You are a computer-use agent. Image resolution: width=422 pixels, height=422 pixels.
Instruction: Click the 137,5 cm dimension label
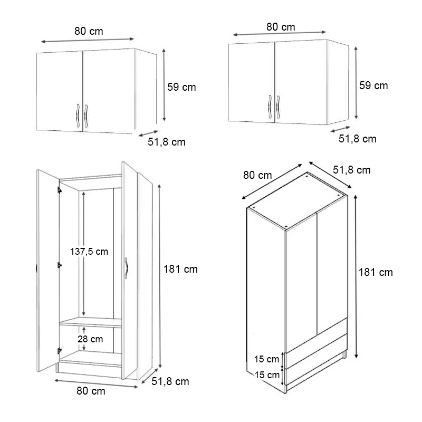coord(89,252)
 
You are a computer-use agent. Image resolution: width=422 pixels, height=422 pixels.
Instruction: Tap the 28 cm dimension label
coord(90,339)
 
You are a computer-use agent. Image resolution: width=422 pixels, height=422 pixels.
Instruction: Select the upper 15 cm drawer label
coord(266,359)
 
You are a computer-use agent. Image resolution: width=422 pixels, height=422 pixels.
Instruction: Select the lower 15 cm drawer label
coord(267,375)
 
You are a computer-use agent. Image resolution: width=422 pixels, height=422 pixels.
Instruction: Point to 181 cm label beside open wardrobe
coord(180,269)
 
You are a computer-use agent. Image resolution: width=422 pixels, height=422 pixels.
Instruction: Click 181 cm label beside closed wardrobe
coord(376,272)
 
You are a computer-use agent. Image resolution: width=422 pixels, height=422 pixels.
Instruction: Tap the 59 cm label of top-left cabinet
coord(181,87)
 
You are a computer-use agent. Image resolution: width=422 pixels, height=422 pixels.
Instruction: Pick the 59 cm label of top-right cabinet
coord(373,85)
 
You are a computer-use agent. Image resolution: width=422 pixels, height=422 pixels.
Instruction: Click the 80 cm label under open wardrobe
coord(91,391)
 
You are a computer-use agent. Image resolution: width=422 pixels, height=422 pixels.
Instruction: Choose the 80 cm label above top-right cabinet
coord(281,27)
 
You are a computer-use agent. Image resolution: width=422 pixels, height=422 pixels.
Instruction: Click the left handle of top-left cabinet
coord(78,116)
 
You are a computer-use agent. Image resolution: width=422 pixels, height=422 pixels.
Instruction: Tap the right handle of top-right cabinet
coord(278,107)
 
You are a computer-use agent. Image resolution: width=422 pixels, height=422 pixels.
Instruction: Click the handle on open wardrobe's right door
coord(126,268)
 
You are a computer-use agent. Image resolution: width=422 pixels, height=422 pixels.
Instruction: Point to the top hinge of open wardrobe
coord(60,190)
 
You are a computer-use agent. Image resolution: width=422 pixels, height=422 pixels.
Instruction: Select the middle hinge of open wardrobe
coord(60,265)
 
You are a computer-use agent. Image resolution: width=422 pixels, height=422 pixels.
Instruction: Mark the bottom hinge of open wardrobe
coord(60,351)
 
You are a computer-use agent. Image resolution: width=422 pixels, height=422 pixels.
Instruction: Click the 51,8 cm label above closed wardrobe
coord(352,170)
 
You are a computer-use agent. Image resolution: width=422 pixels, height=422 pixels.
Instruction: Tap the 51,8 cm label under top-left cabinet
coord(167,142)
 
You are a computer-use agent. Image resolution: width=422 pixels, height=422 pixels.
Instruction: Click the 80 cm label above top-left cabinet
coord(89,31)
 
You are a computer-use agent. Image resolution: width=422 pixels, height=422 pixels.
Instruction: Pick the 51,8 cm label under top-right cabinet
coord(358,139)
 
